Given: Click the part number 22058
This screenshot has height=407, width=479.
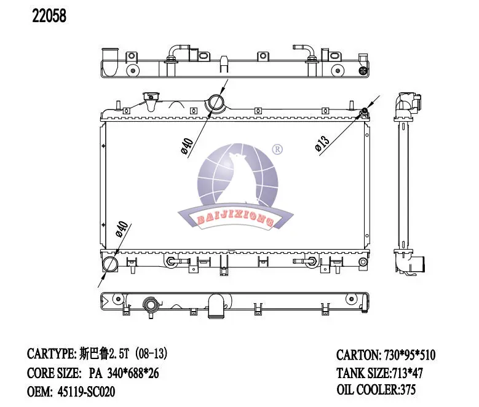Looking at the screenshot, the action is click(49, 16).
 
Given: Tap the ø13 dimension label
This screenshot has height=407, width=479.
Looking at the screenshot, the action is click(322, 143).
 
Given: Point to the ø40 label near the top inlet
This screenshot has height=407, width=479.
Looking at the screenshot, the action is click(187, 146).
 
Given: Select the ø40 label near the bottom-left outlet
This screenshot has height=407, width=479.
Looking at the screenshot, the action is click(122, 229).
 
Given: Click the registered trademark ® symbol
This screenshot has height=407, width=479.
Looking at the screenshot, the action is click(277, 149).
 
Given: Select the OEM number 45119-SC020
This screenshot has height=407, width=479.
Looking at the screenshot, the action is click(87, 392).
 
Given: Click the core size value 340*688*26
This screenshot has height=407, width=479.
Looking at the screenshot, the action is click(133, 373).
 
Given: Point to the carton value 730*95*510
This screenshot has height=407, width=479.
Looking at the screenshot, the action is click(410, 355).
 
